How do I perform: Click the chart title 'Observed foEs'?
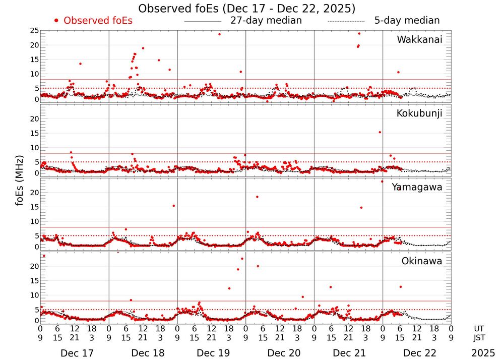247,9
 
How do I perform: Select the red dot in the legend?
56,21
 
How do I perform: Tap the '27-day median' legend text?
266,21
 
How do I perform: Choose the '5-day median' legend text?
407,21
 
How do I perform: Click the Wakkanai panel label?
419,40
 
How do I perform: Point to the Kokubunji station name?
419,113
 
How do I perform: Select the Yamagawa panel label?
417,187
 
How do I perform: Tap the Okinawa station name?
422,261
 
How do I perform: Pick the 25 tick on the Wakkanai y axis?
34,31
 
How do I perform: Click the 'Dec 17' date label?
77,353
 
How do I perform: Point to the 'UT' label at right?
479,328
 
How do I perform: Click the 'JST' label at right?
479,337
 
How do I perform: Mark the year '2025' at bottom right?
483,353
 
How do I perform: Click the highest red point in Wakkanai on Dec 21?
359,34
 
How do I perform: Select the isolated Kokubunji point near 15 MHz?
380,132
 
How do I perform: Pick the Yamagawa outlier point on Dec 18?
173,206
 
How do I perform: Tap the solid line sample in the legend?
203,22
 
